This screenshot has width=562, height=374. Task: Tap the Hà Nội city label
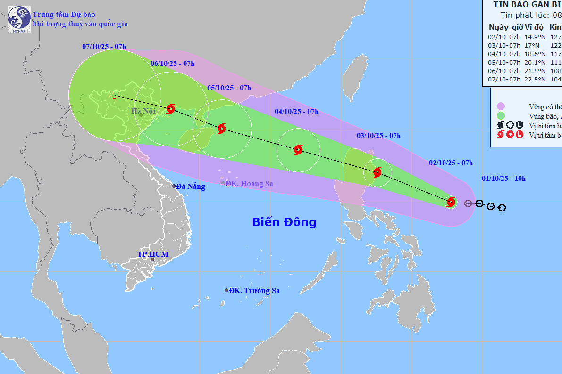(143, 112)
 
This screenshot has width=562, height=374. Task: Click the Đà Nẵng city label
(191, 187)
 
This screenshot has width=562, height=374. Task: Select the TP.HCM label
(152, 254)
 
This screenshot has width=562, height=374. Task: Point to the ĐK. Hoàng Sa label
(249, 184)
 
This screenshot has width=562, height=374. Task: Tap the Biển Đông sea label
(284, 222)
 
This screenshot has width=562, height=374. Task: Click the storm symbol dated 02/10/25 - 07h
(451, 202)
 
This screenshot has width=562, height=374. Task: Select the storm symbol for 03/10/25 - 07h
(377, 172)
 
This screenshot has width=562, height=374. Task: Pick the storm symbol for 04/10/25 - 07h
(298, 150)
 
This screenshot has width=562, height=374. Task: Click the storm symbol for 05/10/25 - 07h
(221, 128)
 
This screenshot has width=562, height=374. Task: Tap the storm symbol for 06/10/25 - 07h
(170, 109)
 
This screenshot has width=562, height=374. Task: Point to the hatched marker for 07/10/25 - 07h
(115, 95)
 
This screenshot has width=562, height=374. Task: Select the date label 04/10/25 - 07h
(296, 112)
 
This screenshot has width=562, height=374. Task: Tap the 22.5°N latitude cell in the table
(536, 79)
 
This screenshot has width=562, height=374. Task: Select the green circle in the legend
(501, 116)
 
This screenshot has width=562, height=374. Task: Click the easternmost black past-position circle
(502, 208)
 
